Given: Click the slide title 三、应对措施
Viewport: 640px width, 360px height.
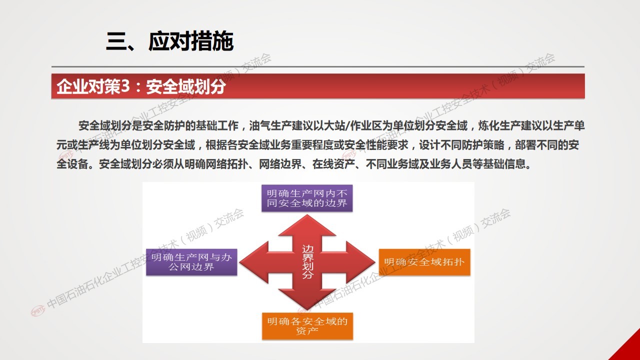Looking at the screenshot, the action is tap(169, 41).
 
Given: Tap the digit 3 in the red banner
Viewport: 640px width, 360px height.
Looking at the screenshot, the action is tap(125, 86).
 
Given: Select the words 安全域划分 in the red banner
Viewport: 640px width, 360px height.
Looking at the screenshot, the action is tap(185, 86).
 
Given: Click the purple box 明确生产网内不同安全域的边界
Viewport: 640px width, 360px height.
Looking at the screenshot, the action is tap(307, 198).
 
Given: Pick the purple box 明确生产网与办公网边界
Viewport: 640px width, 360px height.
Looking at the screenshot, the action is tap(191, 262).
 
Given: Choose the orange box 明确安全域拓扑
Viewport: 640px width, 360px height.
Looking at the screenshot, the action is tap(424, 262).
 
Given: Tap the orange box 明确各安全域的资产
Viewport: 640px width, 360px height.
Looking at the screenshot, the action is tap(307, 326).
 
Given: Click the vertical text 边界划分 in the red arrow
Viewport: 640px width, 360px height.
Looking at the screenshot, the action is tap(307, 261).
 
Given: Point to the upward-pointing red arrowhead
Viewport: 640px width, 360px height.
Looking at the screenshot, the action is tap(307, 225).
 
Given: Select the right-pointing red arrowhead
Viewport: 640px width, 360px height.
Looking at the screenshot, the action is tap(361, 262).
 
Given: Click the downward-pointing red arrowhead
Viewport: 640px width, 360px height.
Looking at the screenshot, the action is tap(307, 299).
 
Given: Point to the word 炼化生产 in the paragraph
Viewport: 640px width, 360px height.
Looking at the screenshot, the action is tap(499, 125).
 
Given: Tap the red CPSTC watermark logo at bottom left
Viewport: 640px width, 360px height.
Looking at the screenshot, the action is tap(38, 311).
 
